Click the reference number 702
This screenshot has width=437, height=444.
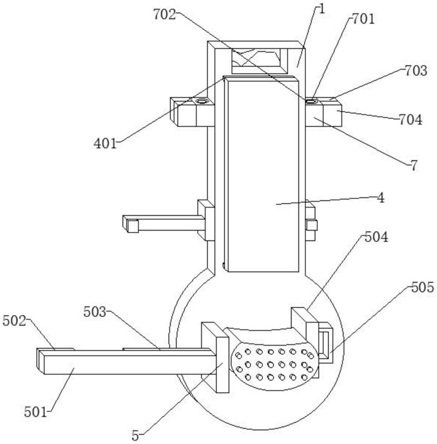click(165, 15)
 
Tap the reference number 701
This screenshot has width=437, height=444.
click(363, 19)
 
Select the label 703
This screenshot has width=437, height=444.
click(416, 71)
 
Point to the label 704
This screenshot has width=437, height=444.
click(411, 120)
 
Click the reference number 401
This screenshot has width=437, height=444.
click(105, 143)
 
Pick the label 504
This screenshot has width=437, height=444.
click(376, 237)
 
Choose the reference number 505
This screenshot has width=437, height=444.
click(422, 287)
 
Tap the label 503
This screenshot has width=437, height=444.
click(95, 312)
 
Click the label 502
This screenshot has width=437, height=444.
click(15, 321)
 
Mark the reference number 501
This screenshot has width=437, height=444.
click(36, 412)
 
